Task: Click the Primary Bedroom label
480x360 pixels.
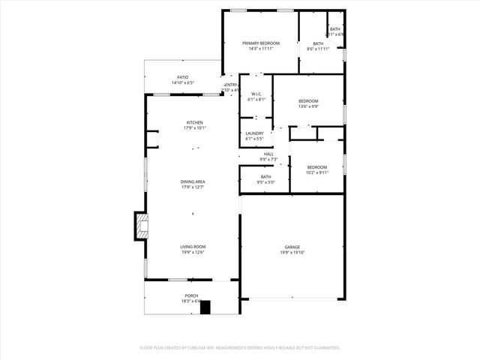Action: point(261,43)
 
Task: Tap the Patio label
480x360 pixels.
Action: point(183,77)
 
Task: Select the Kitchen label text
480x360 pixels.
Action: point(195,122)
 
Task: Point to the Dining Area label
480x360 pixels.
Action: point(193,181)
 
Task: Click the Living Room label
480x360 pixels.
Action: point(193,247)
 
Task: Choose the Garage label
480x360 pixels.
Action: point(292,247)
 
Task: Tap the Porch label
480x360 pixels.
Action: point(192,295)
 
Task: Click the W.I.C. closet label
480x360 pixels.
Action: point(256,94)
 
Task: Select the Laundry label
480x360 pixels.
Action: point(254,133)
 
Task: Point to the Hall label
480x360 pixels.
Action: point(268,154)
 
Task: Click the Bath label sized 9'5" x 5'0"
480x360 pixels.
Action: point(266,176)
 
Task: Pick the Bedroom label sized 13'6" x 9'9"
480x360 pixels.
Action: point(308,101)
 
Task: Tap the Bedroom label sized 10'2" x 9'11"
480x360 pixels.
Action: point(317,167)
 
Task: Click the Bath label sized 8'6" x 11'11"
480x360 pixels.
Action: point(318,43)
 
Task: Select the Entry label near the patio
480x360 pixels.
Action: point(231,85)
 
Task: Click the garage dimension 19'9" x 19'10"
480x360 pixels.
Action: point(292,253)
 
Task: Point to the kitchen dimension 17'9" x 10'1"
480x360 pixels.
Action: point(195,128)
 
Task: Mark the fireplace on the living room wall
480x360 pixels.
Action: point(141,226)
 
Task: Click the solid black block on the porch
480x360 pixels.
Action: point(205,307)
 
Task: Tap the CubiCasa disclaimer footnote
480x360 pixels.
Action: point(240,348)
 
